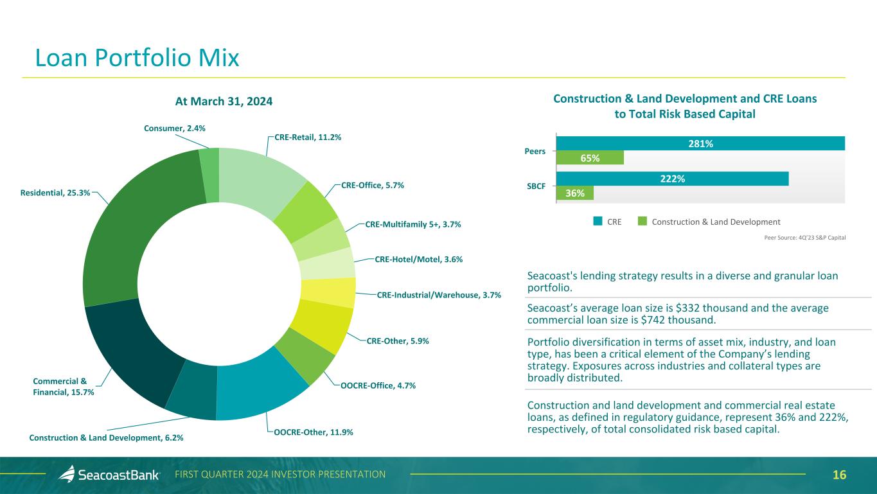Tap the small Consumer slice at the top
coord(209,166)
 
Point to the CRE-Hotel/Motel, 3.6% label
coord(418,260)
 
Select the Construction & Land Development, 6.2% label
coord(106,437)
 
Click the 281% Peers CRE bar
coord(700,144)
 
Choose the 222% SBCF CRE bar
coord(672,179)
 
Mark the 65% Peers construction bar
coord(590,158)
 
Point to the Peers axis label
coord(535,152)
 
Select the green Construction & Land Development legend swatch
coord(642,222)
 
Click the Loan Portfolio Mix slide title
coord(137,58)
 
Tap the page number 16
coord(839,475)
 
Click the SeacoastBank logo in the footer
coord(109,475)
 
